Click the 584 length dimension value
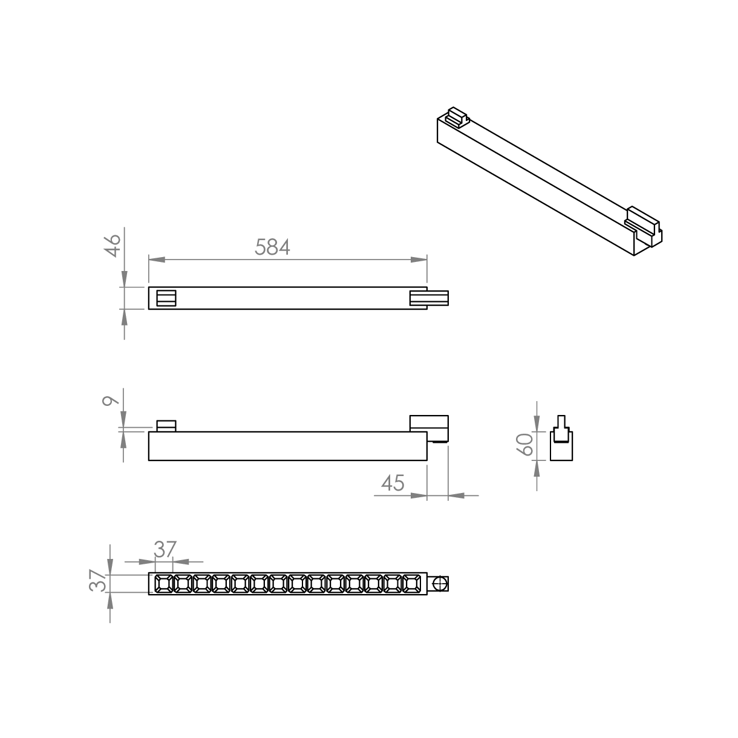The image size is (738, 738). click(x=272, y=247)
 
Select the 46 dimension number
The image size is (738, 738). click(x=113, y=246)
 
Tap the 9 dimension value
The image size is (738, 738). click(x=110, y=400)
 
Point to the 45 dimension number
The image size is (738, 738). click(x=393, y=483)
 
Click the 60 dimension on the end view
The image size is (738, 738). click(x=525, y=444)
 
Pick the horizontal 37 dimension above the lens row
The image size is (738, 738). click(x=165, y=550)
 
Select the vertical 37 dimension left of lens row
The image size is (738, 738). click(x=97, y=581)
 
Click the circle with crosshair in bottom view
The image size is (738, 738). click(x=440, y=584)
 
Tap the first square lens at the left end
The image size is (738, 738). click(x=163, y=584)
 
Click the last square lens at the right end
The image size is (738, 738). click(x=412, y=584)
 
